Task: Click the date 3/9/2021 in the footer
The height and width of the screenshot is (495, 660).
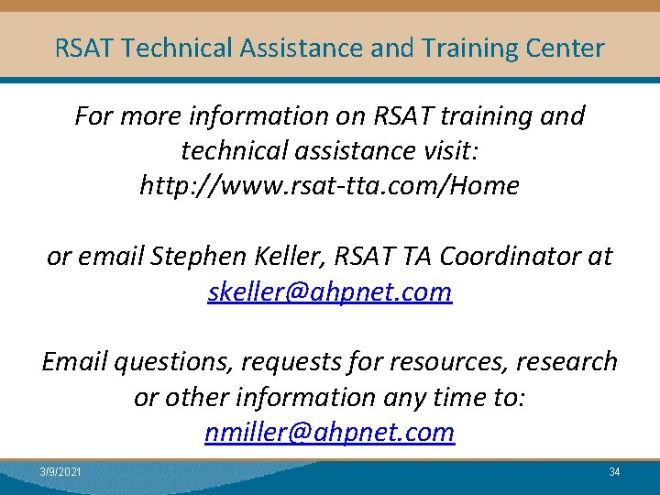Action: (60, 472)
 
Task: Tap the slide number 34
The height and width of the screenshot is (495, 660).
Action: (614, 472)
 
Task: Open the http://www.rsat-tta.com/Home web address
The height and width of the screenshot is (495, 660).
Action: (329, 186)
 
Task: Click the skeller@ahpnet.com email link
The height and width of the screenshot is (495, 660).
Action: (330, 292)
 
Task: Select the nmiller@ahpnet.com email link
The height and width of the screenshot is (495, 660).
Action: (330, 432)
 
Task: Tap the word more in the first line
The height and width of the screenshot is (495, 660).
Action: (146, 116)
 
